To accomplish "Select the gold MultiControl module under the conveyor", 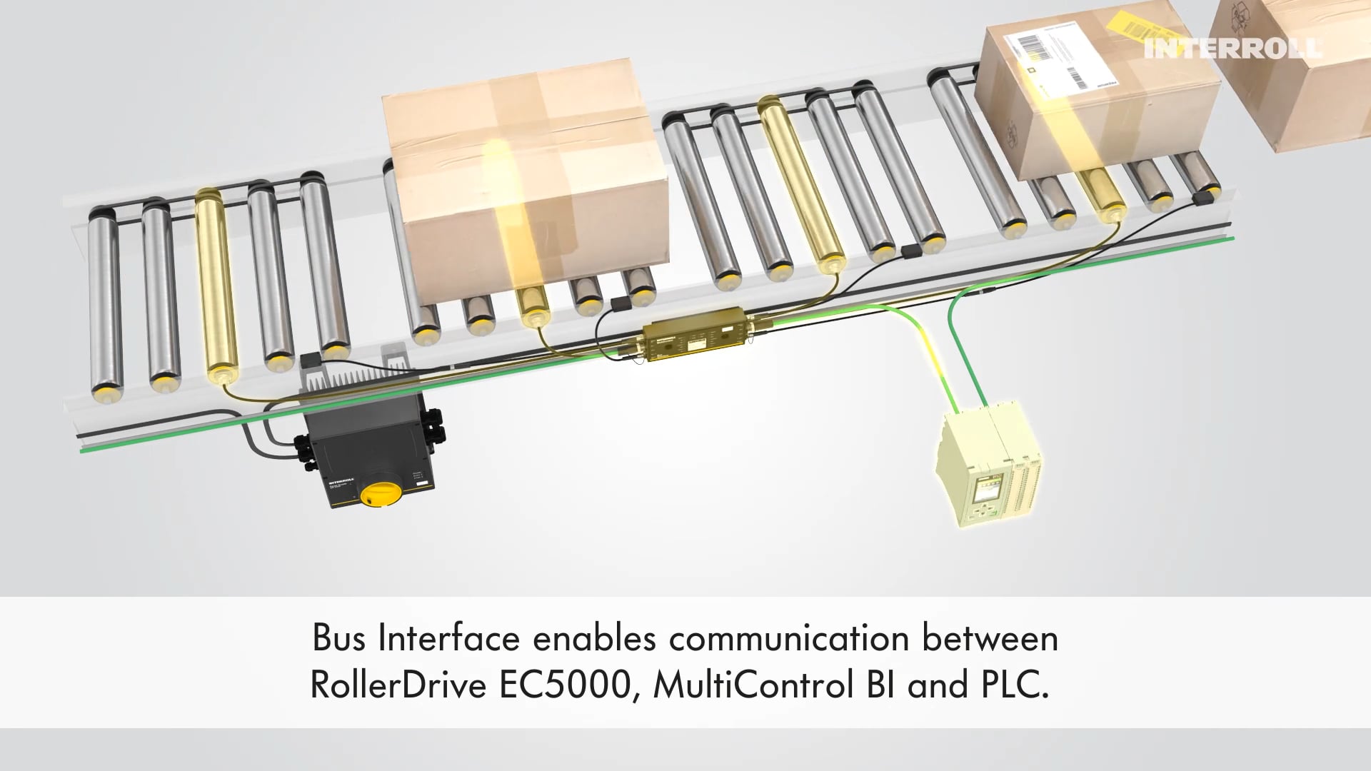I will click(694, 333).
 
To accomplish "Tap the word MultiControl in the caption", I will click(753, 685).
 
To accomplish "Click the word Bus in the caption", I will click(338, 638).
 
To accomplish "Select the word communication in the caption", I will click(789, 638).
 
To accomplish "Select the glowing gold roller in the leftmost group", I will click(215, 286).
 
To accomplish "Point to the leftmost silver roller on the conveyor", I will click(104, 300).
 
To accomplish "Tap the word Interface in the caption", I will click(448, 638).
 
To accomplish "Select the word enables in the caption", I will click(594, 638).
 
